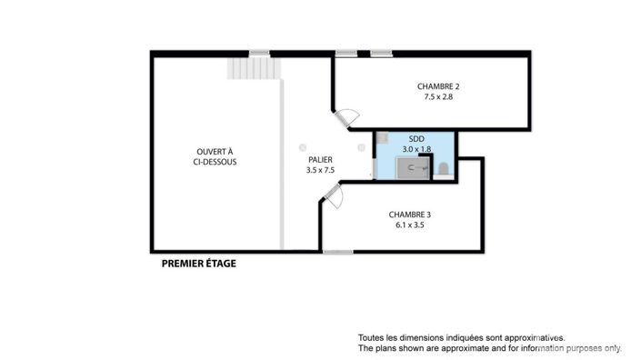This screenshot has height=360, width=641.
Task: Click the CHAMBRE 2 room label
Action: coord(438,86)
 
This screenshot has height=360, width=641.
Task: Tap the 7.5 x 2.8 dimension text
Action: coord(438,97)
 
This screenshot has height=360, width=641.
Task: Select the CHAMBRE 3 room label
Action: coord(410,215)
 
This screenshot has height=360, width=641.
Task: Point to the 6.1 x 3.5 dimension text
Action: coord(410,225)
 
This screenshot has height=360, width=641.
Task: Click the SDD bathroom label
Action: coord(416,139)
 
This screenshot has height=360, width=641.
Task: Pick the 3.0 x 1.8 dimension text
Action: coord(416,149)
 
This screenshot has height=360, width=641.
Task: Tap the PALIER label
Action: coord(320,160)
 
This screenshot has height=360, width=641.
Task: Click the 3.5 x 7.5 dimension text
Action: coord(320,170)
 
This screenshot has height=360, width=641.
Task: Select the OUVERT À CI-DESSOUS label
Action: coord(215,157)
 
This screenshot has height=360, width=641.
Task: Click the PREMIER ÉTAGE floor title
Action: coord(199,264)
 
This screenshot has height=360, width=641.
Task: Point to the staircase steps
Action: coord(255,68)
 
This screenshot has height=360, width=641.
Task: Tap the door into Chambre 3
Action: coord(333,196)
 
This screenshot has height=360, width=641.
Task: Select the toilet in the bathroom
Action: coord(444,168)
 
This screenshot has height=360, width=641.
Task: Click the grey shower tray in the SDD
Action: coord(413,168)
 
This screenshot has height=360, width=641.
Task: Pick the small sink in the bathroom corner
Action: coord(382,137)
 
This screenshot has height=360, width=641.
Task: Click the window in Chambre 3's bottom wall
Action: coord(338,252)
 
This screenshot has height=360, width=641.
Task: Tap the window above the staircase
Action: coord(260,54)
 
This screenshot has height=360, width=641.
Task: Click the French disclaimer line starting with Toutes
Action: coord(462,338)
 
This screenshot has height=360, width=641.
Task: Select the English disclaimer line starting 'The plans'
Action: coord(490,348)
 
